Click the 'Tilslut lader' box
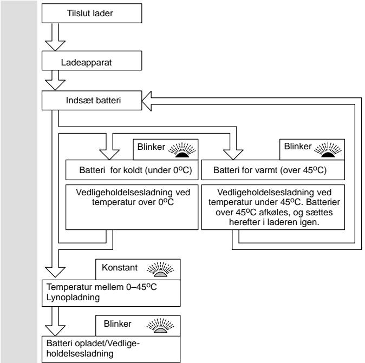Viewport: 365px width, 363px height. point(92,14)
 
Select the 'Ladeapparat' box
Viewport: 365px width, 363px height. point(92,61)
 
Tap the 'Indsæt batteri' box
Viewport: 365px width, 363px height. point(92,101)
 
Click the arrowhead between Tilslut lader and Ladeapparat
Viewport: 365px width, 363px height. point(55,45)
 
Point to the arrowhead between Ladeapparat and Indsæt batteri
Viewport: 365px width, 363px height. point(55,85)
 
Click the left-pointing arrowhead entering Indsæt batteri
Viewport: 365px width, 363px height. point(147,101)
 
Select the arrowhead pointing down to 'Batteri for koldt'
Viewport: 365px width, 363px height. point(109,155)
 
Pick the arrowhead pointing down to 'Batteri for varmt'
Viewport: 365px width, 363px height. point(233,155)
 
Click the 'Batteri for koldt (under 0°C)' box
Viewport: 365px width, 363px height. point(132,170)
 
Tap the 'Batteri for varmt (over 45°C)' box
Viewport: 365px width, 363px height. point(273,170)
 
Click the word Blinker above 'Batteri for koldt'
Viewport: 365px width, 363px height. point(151,147)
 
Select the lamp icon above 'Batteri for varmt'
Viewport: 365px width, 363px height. point(328,149)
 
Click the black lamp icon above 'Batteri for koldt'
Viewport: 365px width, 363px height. point(182,150)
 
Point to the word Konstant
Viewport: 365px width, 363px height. point(120,267)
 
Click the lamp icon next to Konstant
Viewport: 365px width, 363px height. point(160,269)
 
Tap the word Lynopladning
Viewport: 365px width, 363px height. point(73,298)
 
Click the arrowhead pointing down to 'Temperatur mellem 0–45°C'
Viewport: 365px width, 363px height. point(55,272)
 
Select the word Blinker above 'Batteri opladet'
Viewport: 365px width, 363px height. point(118,324)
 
